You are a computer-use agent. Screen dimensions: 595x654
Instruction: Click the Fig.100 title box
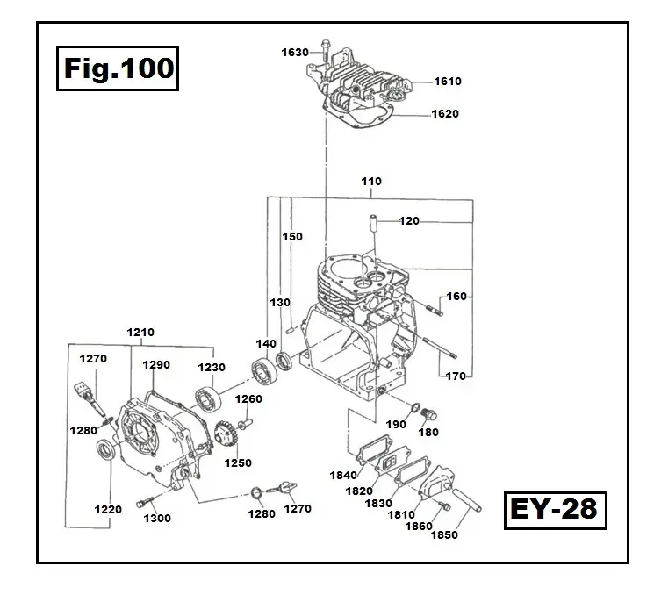point(119,68)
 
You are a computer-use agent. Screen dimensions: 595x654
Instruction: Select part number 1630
point(295,53)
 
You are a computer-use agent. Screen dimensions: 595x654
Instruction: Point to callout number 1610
point(447,82)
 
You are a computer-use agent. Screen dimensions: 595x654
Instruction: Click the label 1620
point(444,114)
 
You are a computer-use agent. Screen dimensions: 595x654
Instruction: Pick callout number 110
point(371,182)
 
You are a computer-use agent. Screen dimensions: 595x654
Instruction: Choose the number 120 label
point(409,221)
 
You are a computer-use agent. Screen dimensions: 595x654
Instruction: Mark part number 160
point(456,297)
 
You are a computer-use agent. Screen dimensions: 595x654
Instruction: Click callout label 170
point(456,376)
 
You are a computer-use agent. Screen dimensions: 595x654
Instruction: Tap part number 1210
point(140,333)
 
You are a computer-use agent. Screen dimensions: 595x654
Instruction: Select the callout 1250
point(237,463)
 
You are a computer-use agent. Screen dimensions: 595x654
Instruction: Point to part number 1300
point(157,519)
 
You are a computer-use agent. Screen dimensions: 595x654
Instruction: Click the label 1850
point(443,534)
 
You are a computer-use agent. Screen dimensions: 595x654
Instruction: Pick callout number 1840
point(343,475)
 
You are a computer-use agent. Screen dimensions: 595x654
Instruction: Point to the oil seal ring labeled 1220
point(105,451)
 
